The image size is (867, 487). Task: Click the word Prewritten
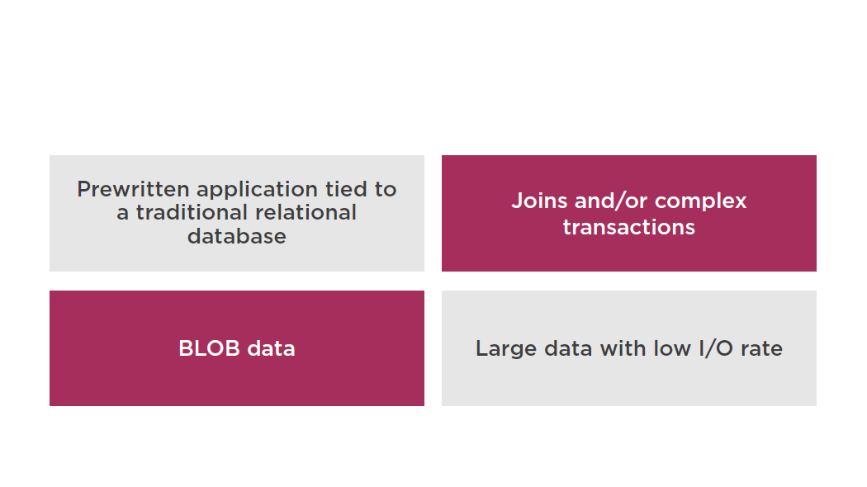133,189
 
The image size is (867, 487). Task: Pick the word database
237,236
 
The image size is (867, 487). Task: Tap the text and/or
611,201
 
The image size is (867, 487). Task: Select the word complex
700,201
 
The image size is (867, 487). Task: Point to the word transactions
628,227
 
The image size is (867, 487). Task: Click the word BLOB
209,349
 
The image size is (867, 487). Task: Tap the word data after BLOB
271,349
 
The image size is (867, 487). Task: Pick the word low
672,349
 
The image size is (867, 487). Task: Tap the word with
623,349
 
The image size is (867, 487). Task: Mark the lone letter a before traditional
123,215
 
